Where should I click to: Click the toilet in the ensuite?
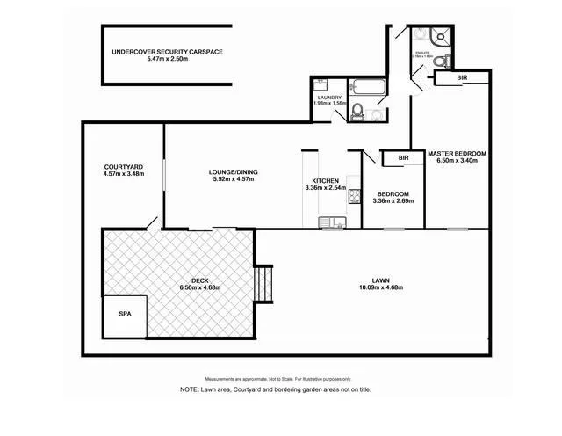pos(447,61)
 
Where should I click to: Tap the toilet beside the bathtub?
pos(357,113)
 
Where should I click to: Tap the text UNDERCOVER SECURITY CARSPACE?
pos(167,53)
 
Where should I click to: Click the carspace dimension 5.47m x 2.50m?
pos(167,61)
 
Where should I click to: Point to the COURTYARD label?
pos(122,166)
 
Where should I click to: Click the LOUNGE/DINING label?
pos(233,171)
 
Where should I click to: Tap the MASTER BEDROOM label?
pos(457,153)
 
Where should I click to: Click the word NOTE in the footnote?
pos(191,389)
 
